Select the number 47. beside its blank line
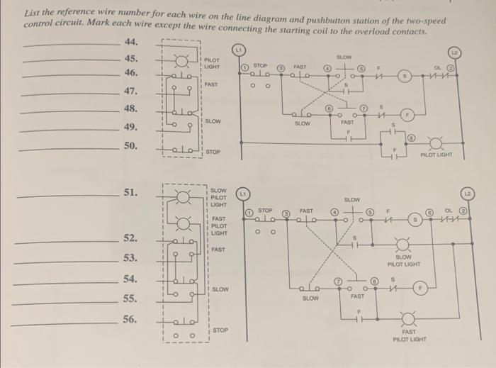pyautogui.click(x=130, y=91)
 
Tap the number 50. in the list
pyautogui.click(x=130, y=145)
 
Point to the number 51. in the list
pyautogui.click(x=130, y=192)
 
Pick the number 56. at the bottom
pyautogui.click(x=130, y=320)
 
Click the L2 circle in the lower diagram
pyautogui.click(x=468, y=194)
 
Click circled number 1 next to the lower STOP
pyautogui.click(x=249, y=213)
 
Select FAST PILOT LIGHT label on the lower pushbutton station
pyautogui.click(x=218, y=225)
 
